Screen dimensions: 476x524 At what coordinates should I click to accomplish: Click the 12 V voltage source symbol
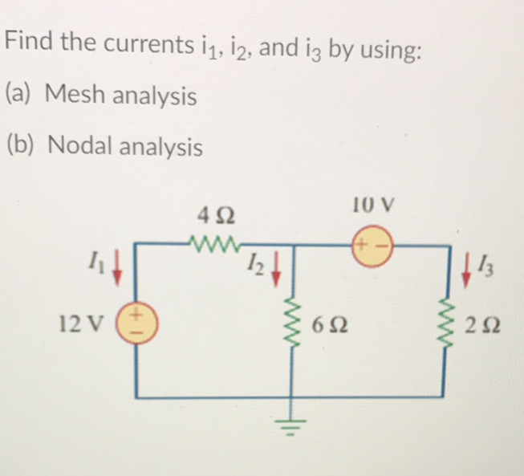135,323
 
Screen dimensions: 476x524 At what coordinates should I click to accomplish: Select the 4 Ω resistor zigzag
214,241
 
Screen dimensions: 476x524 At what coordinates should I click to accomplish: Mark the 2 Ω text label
488,326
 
